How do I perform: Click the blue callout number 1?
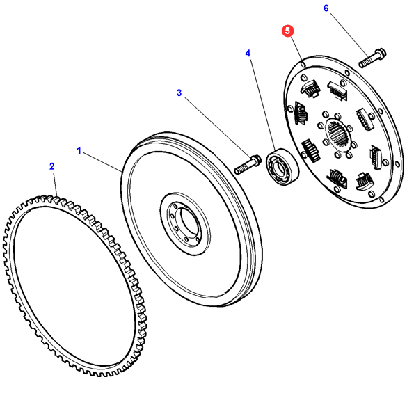tap(79, 150)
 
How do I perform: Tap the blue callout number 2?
tap(52, 166)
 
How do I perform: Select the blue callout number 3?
tap(179, 93)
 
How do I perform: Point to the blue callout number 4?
tap(248, 53)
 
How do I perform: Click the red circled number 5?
tap(287, 31)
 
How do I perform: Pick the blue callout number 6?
tap(326, 8)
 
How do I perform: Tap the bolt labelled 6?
tap(372, 58)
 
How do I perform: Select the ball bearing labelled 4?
tap(282, 167)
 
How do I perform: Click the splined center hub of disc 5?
tap(337, 135)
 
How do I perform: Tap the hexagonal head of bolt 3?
tap(255, 159)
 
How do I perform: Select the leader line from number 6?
tap(349, 35)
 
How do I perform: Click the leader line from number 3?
tap(218, 126)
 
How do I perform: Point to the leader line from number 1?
tap(102, 162)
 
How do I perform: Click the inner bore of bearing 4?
tap(280, 168)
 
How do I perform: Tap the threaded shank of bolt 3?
tap(243, 168)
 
